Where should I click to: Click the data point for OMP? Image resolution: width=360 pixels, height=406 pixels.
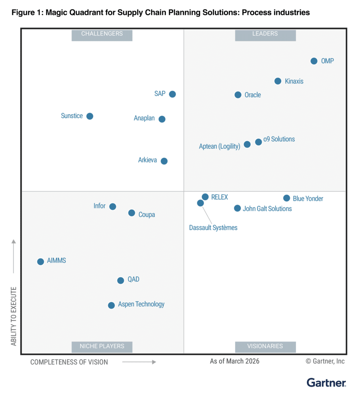pyautogui.click(x=314, y=61)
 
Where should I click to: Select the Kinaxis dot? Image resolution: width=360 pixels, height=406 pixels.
pyautogui.click(x=278, y=81)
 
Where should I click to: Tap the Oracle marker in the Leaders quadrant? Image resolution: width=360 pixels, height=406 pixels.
pyautogui.click(x=238, y=95)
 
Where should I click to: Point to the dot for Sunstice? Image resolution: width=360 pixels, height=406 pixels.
pyautogui.click(x=90, y=116)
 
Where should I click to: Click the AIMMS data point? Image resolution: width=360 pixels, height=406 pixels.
pyautogui.click(x=40, y=262)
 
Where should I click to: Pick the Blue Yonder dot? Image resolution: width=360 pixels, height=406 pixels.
pyautogui.click(x=286, y=198)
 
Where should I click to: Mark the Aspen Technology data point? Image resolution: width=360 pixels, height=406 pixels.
pyautogui.click(x=111, y=305)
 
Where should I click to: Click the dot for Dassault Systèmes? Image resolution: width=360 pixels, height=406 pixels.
pyautogui.click(x=200, y=203)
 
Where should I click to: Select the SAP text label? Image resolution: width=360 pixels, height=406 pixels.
pyautogui.click(x=160, y=94)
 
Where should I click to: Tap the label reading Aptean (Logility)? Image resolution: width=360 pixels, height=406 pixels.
pyautogui.click(x=219, y=146)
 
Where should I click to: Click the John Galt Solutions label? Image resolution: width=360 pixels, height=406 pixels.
pyautogui.click(x=267, y=209)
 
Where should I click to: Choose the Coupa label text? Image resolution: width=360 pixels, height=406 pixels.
pyautogui.click(x=147, y=214)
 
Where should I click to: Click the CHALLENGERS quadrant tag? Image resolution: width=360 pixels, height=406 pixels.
pyautogui.click(x=102, y=34)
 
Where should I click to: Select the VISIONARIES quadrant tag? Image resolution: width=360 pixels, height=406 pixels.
pyautogui.click(x=265, y=346)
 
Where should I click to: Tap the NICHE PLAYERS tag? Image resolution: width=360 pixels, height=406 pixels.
pyautogui.click(x=102, y=346)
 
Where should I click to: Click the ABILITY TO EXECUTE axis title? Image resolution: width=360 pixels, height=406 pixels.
pyautogui.click(x=14, y=316)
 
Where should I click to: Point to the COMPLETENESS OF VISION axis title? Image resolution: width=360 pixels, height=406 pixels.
pyautogui.click(x=69, y=362)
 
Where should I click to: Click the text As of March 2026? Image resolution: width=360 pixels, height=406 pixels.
pyautogui.click(x=234, y=361)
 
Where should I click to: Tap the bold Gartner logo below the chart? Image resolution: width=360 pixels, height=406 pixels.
pyautogui.click(x=326, y=383)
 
